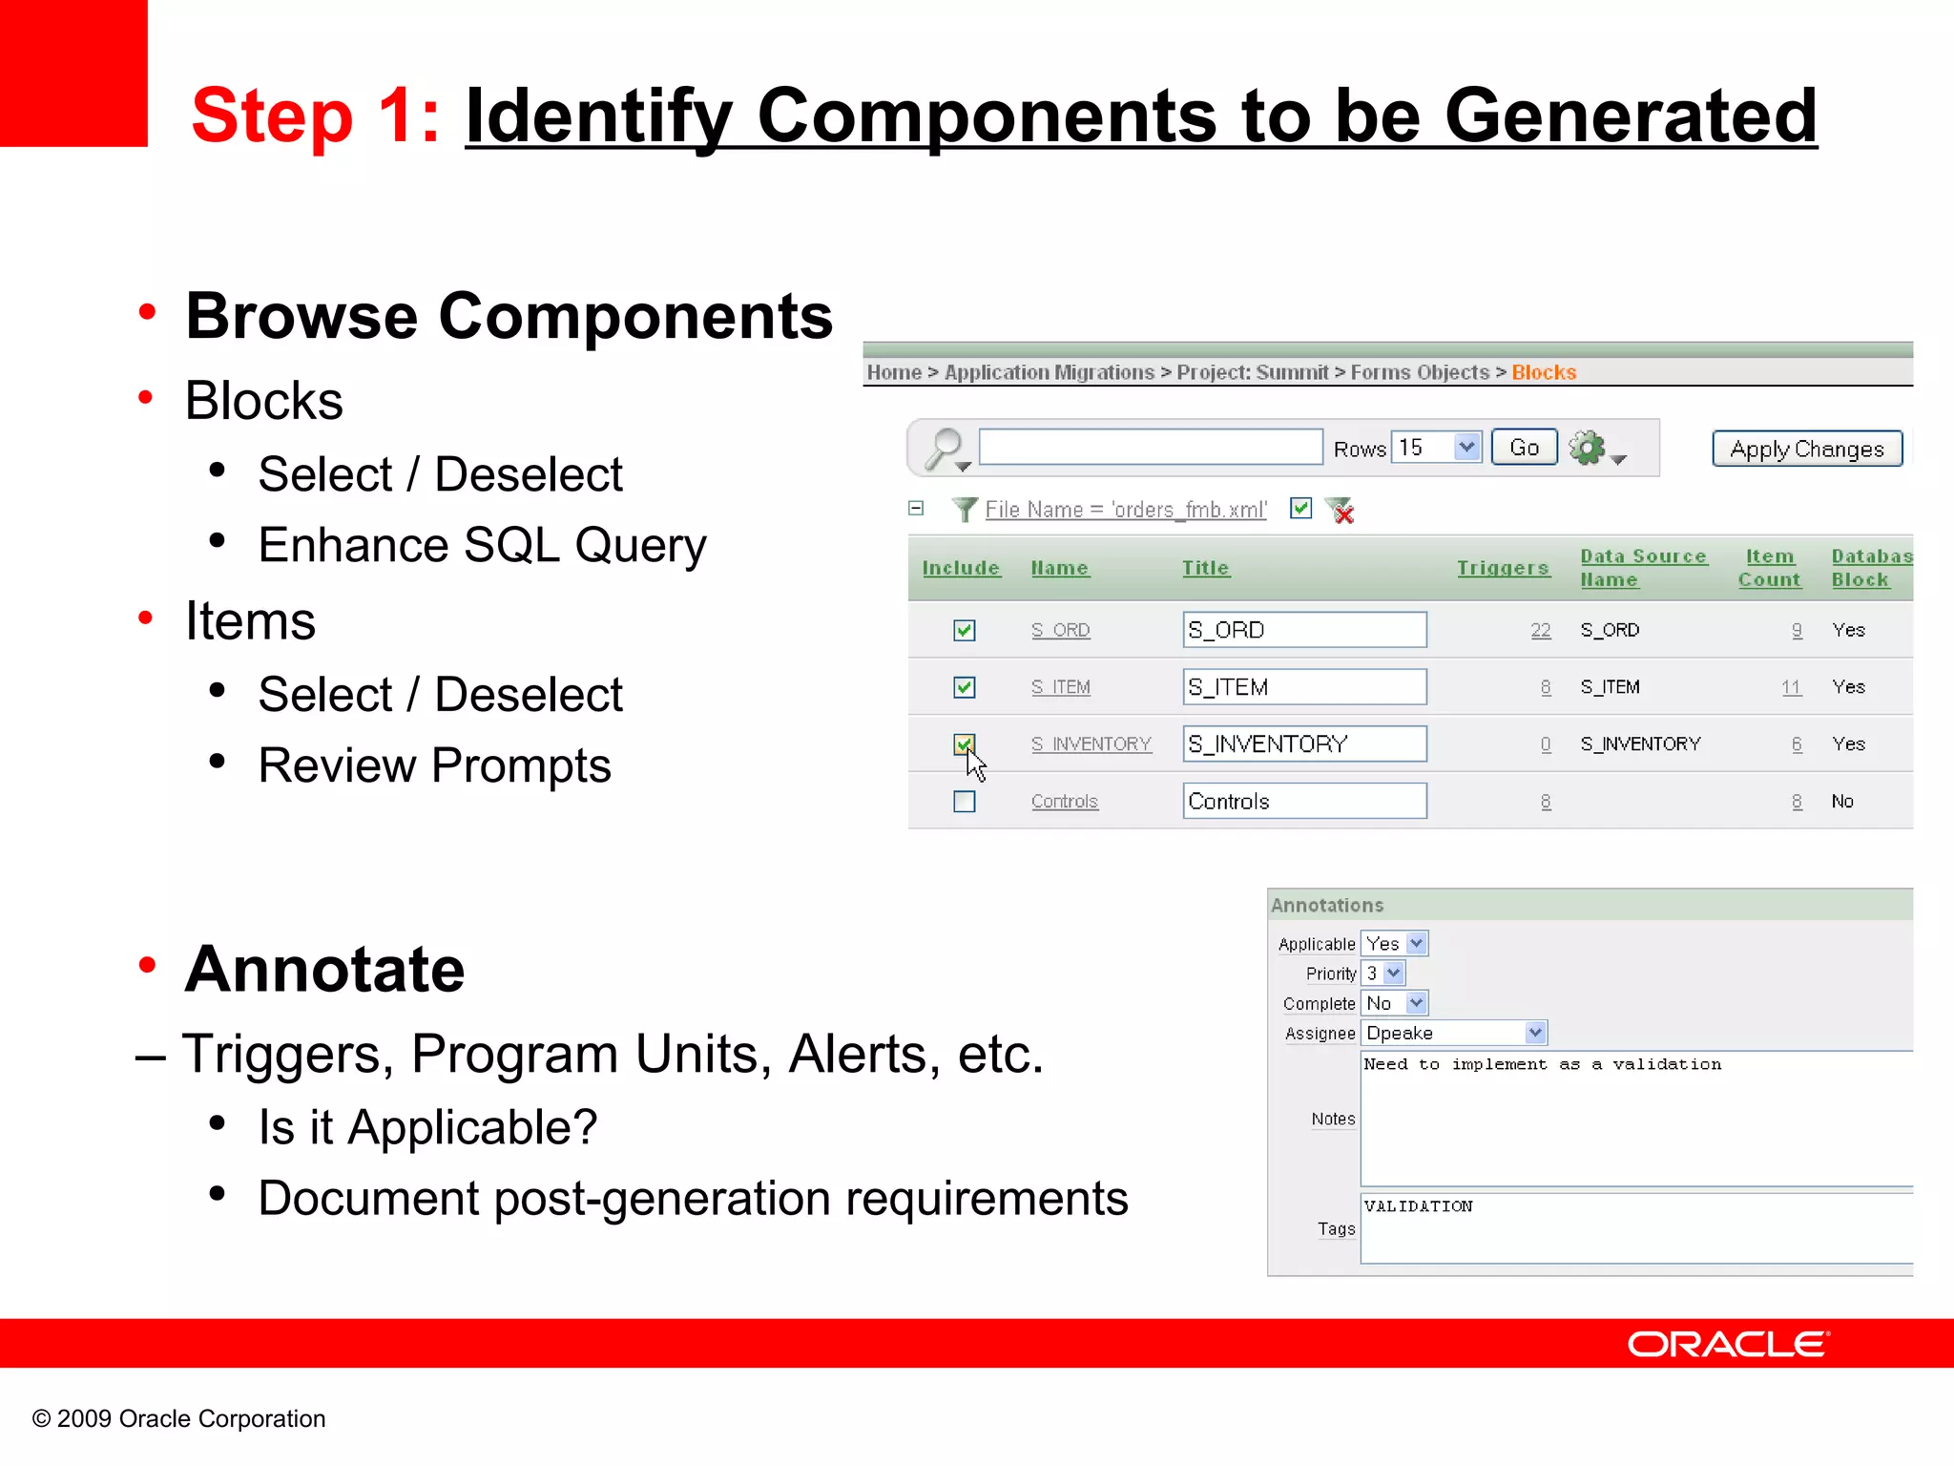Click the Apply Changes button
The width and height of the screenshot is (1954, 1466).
click(1806, 449)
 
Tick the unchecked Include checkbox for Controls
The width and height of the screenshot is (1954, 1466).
click(965, 802)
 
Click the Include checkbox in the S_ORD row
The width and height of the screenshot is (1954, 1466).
click(965, 630)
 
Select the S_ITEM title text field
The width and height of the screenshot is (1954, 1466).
click(1303, 687)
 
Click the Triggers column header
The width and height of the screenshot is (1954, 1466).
click(1502, 568)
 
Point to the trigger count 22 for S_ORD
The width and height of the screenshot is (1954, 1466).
click(1540, 630)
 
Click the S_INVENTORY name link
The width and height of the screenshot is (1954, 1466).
click(1091, 744)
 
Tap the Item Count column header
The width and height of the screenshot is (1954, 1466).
click(1769, 568)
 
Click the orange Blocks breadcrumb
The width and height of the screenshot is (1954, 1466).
click(1543, 372)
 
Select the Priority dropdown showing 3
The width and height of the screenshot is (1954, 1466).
click(1382, 974)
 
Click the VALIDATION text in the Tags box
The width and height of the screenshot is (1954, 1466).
click(1418, 1206)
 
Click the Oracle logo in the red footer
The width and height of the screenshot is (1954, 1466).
click(1727, 1344)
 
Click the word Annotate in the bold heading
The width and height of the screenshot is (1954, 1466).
click(324, 970)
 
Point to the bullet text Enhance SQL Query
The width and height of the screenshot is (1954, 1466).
click(482, 545)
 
